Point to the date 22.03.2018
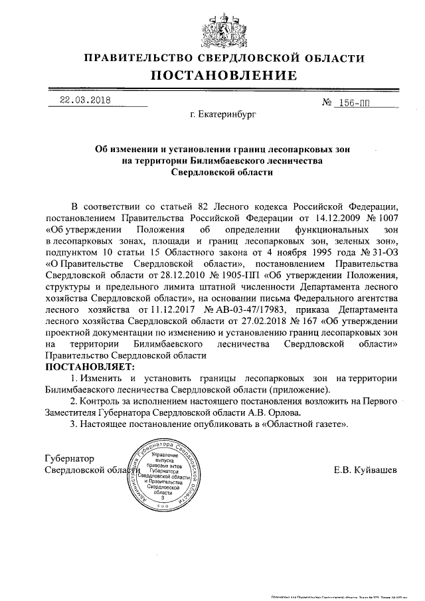[x=85, y=101]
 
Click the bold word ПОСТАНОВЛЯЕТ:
[x=89, y=367]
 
